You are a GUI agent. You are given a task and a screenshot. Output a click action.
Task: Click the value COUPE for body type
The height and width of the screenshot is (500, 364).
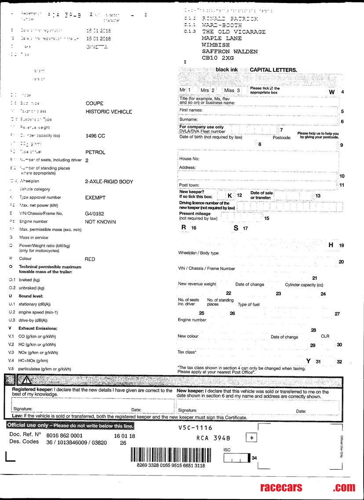95,104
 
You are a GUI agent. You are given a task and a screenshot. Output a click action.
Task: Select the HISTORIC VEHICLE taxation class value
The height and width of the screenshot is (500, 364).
109,112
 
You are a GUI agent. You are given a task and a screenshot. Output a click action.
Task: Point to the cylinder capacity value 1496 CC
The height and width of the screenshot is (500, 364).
95,136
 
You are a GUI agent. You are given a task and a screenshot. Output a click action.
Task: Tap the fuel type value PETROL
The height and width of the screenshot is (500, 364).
95,152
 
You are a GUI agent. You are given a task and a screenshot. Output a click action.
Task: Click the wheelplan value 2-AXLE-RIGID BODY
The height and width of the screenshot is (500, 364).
109,182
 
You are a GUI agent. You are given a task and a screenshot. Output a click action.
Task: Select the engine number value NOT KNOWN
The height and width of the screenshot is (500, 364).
100,222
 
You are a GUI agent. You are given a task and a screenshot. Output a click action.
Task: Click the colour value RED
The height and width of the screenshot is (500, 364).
90,259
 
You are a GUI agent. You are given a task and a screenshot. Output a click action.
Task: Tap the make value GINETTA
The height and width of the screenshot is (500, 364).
97,47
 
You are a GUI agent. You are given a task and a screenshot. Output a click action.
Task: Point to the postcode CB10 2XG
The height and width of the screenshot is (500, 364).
218,58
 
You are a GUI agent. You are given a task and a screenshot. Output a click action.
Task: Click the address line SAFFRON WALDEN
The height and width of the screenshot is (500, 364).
229,51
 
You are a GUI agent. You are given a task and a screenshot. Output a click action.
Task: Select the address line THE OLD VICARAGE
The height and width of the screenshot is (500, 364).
234,32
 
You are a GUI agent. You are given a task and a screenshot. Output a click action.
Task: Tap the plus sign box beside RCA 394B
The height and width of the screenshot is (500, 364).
251,438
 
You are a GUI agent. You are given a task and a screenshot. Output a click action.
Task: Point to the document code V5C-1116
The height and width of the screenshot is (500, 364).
195,428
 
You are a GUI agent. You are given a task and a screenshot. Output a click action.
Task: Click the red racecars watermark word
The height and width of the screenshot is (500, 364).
280,487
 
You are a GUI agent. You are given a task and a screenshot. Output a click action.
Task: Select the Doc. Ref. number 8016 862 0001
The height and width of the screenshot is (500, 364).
65,436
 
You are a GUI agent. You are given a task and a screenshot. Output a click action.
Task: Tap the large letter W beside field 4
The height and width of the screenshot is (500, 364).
332,92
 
